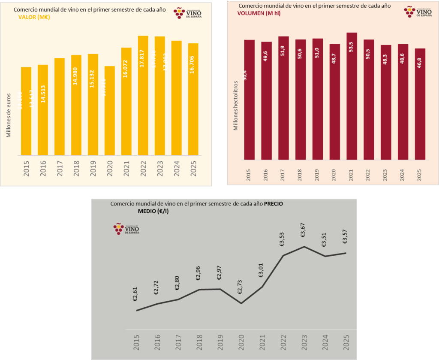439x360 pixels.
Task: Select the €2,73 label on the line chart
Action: (x=241, y=287)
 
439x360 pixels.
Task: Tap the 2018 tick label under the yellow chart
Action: (x=76, y=170)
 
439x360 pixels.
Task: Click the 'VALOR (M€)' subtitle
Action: (x=35, y=17)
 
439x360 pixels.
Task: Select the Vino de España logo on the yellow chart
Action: (x=187, y=13)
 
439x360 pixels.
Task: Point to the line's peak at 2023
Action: (x=304, y=247)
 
